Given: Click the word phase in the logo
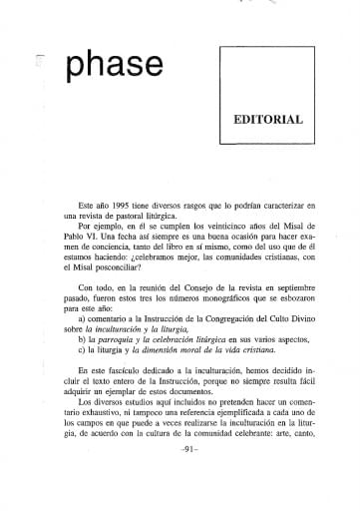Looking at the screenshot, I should click(x=112, y=65).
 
